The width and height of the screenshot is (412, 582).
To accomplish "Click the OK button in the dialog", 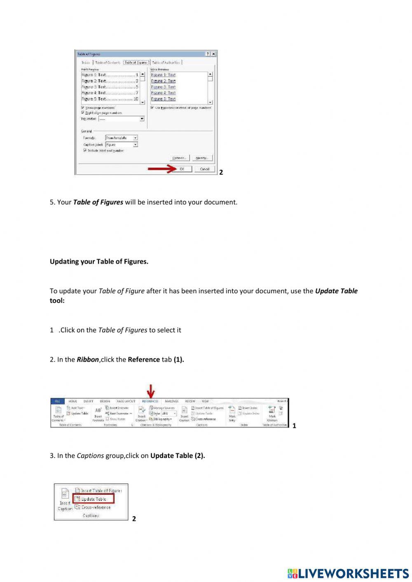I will point(182,169).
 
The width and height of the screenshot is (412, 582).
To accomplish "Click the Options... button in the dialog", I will point(179,158).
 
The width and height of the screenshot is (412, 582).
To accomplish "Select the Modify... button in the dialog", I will point(202,158).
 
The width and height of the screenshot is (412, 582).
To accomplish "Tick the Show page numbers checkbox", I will point(83,108).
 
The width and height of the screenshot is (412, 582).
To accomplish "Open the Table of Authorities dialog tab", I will point(166,63).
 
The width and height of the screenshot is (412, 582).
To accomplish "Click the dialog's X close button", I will point(213,54).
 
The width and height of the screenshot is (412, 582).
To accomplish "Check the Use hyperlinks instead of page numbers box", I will point(152,108).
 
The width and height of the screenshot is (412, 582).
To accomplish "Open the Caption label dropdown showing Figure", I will point(122,145).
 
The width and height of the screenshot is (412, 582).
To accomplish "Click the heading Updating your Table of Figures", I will point(99,262).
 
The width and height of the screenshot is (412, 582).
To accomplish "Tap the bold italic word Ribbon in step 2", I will point(87,360).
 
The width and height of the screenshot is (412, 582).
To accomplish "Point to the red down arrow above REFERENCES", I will point(151,391).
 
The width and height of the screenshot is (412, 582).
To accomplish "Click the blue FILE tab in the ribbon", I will point(57,401).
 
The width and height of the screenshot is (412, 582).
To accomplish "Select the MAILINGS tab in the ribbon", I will point(171,401).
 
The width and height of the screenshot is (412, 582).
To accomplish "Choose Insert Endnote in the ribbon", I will point(119,408).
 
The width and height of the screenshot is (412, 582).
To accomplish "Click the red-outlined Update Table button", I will point(94,499).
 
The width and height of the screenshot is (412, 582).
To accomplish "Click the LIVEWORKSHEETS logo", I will point(348,574).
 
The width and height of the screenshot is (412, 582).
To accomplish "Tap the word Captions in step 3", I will point(90,456).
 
